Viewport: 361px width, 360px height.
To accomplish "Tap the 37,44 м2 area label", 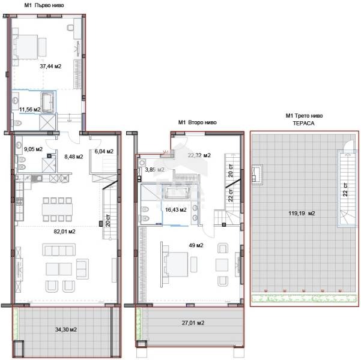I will pos(50,67).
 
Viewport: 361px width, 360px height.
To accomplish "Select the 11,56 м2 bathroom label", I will pos(29,110).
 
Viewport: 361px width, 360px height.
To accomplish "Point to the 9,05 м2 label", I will pos(33,149).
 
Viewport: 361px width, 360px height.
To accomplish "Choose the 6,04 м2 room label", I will pos(104,151).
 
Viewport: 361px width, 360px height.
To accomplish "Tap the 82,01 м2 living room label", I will pos(64,231).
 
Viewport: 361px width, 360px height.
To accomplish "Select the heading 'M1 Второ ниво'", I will pos(198,122).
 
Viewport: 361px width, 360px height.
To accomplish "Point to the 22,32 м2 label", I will pos(199,155).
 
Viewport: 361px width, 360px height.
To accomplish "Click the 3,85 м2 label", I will pos(154,170).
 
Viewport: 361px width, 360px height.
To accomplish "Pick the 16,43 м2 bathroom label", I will pos(176,209).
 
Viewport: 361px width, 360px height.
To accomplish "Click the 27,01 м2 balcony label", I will pos(193,323).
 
